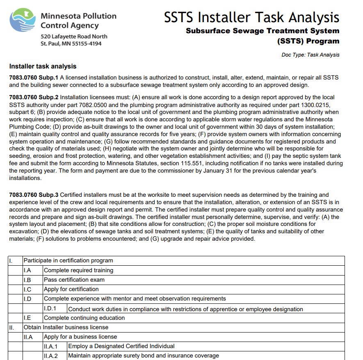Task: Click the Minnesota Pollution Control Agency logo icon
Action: [24, 20]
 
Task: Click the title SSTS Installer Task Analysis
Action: [251, 17]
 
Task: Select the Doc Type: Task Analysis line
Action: [310, 55]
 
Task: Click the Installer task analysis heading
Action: [43, 66]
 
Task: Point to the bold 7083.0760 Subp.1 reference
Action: [34, 77]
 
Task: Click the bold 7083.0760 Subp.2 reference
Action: [34, 97]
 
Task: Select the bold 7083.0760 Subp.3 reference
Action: [34, 195]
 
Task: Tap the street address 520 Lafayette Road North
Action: [74, 36]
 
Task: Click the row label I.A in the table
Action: [27, 270]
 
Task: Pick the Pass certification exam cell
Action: [74, 280]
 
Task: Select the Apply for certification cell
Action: [71, 289]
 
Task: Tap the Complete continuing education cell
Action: [84, 318]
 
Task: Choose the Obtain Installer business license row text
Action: [66, 327]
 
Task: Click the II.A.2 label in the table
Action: [50, 355]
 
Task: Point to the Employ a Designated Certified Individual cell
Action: [121, 346]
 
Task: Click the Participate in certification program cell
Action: [68, 260]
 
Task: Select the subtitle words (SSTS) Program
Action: [308, 41]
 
